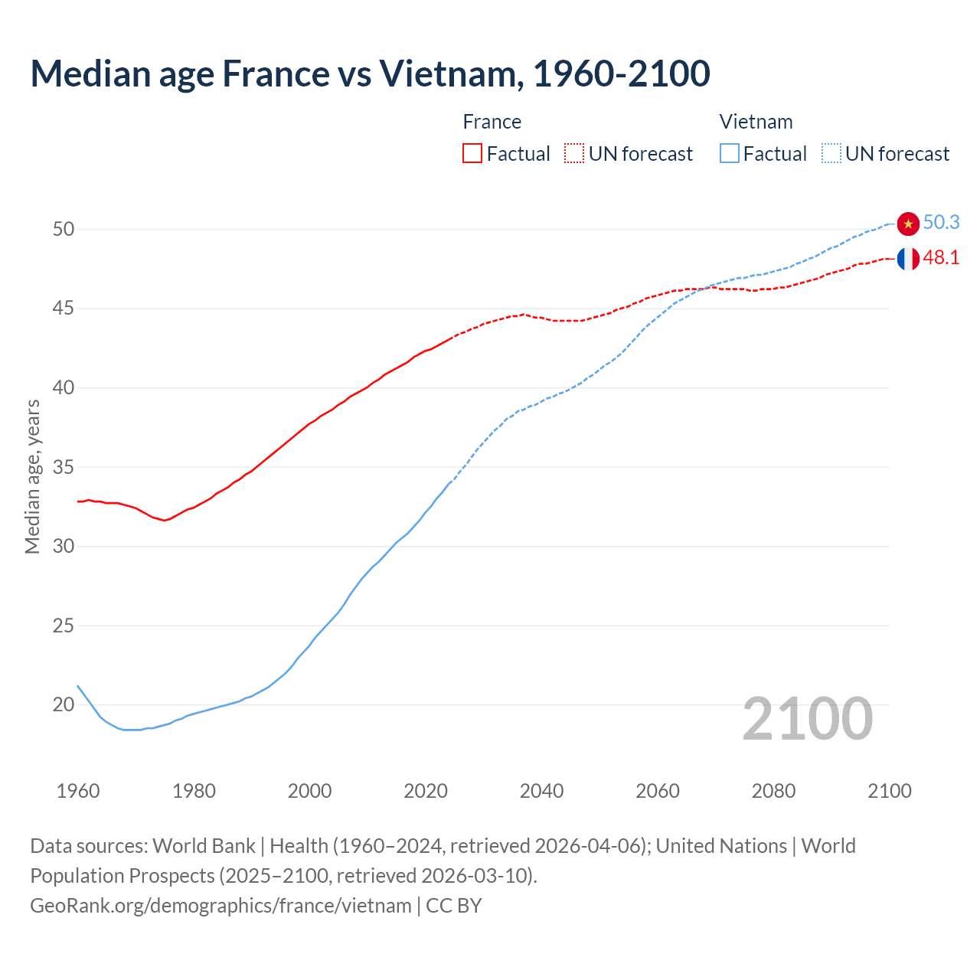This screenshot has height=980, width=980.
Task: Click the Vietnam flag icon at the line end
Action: tap(908, 224)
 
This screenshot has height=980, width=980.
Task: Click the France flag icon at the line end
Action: tap(908, 259)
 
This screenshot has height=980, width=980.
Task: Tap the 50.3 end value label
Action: tap(941, 222)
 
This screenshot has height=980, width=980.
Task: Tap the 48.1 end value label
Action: tap(941, 257)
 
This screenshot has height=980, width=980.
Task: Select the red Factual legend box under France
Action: tap(472, 153)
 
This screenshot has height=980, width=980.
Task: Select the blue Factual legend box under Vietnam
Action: tap(729, 153)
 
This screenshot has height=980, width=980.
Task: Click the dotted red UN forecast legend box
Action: tap(574, 153)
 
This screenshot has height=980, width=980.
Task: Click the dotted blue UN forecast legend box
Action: tap(831, 153)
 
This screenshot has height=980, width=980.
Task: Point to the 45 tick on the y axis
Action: tap(64, 309)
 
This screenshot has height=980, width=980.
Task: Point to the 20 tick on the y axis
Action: tap(64, 704)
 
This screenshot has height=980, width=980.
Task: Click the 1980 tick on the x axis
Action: tap(194, 791)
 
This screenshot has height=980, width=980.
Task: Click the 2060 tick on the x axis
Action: tap(658, 791)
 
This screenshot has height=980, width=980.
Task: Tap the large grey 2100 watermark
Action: tap(808, 719)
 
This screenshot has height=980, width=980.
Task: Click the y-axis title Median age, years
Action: tap(32, 476)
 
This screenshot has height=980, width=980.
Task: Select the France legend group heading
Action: tap(492, 122)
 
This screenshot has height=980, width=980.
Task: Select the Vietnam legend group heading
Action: tap(756, 122)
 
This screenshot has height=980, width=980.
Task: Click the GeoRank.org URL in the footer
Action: tap(220, 906)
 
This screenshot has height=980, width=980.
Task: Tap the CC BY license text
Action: tap(454, 906)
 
